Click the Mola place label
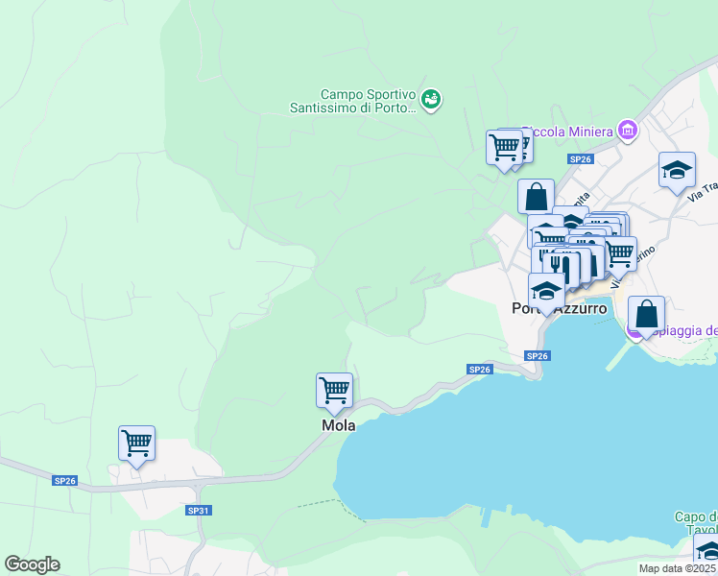point(338,425)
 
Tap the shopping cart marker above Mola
point(334,391)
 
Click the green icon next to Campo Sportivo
point(431,99)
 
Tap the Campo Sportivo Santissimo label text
point(353,101)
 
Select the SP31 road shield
point(198,510)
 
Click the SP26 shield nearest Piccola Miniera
point(579,158)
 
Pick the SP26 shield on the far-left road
point(65,480)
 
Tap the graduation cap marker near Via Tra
point(677,170)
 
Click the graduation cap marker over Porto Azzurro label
point(546,290)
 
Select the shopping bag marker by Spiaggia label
point(647,314)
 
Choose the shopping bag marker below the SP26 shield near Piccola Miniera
point(536,197)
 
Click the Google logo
point(33,564)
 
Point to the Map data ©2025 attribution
point(677,568)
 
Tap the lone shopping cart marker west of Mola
point(137,444)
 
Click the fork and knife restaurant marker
point(561,266)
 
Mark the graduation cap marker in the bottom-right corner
point(707,550)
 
